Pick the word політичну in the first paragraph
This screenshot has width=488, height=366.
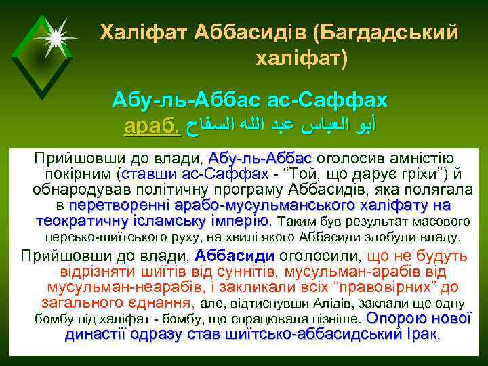[x=216, y=189]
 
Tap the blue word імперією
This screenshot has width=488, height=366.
[x=233, y=221]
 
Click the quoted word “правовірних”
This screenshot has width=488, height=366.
[x=394, y=288]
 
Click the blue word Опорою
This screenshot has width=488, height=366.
[x=396, y=319]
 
